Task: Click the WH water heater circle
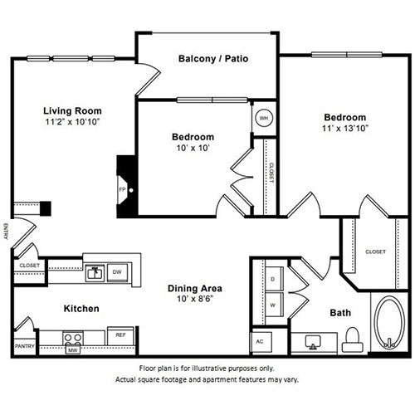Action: [x=264, y=118]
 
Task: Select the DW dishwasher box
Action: [x=117, y=272]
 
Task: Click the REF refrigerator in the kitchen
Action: [x=120, y=335]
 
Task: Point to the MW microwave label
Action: [x=73, y=350]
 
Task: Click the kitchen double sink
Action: [x=95, y=273]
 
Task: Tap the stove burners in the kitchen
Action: [x=73, y=338]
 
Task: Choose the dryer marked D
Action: [x=274, y=279]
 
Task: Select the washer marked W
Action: [x=274, y=305]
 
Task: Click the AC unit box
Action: [x=261, y=342]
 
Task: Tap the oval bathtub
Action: [x=389, y=322]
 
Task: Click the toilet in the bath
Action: [x=353, y=339]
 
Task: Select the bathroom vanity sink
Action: [x=313, y=342]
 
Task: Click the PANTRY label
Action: [x=25, y=346]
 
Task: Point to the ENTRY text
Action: [x=6, y=232]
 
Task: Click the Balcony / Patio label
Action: [x=213, y=59]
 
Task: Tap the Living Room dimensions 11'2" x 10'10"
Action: [x=72, y=122]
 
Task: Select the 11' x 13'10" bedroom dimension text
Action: [x=345, y=129]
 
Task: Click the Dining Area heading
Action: [x=195, y=288]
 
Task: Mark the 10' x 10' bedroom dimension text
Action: [x=193, y=148]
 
